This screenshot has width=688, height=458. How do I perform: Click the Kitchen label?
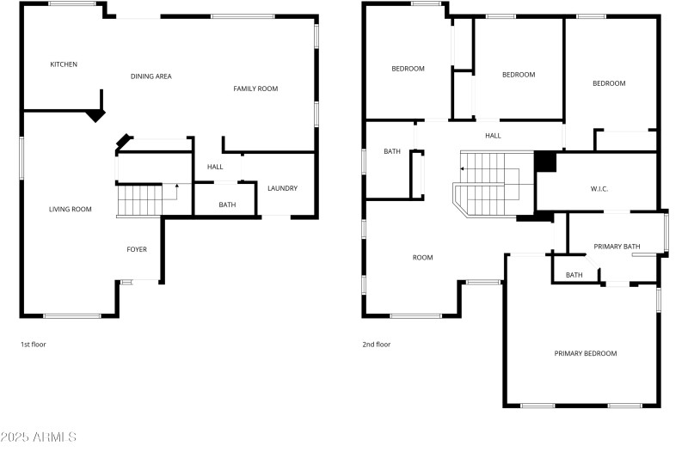click(64, 64)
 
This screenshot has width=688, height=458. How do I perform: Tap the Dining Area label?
click(150, 76)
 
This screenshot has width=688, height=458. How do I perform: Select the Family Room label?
click(255, 89)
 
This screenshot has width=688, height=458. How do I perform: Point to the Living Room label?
click(70, 209)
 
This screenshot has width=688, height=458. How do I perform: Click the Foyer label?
click(137, 249)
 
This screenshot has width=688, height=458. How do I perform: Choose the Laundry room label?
click(282, 188)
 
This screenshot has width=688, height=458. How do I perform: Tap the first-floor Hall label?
click(215, 167)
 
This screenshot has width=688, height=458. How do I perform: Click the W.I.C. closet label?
click(599, 188)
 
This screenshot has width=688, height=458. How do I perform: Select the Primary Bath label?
click(617, 247)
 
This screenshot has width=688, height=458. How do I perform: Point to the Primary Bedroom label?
click(585, 353)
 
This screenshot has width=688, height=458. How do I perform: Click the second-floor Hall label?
click(493, 135)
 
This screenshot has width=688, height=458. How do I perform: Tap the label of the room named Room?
click(422, 257)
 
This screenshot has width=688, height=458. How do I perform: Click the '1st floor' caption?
click(34, 344)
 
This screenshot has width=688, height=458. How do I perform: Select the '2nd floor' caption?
click(376, 344)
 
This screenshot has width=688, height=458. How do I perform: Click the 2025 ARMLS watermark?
click(40, 437)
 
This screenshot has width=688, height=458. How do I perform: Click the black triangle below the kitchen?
click(95, 114)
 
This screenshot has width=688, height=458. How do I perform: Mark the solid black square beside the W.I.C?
click(545, 161)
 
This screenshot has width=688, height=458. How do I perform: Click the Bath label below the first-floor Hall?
click(227, 205)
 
